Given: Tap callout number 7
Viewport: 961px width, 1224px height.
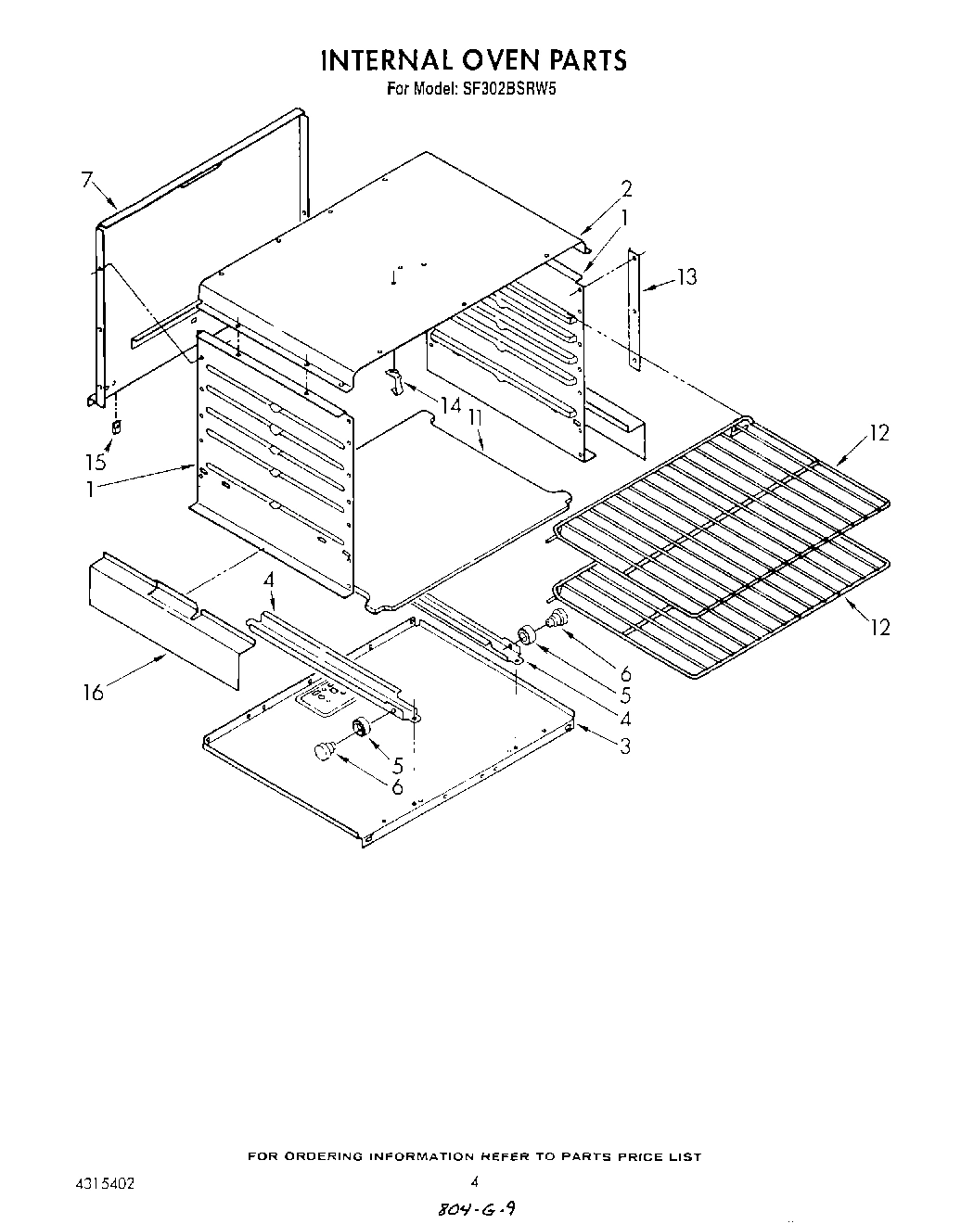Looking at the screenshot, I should (87, 180).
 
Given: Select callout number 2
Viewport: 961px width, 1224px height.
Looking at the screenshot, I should (626, 189).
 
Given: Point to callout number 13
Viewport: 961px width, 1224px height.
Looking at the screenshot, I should (686, 276).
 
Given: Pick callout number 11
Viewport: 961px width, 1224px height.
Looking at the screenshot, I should (475, 418).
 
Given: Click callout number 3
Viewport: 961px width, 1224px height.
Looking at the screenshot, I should (625, 745).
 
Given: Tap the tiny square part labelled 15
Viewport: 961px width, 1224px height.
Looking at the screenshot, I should (116, 427).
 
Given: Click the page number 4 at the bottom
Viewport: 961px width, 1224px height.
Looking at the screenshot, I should (474, 1181).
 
